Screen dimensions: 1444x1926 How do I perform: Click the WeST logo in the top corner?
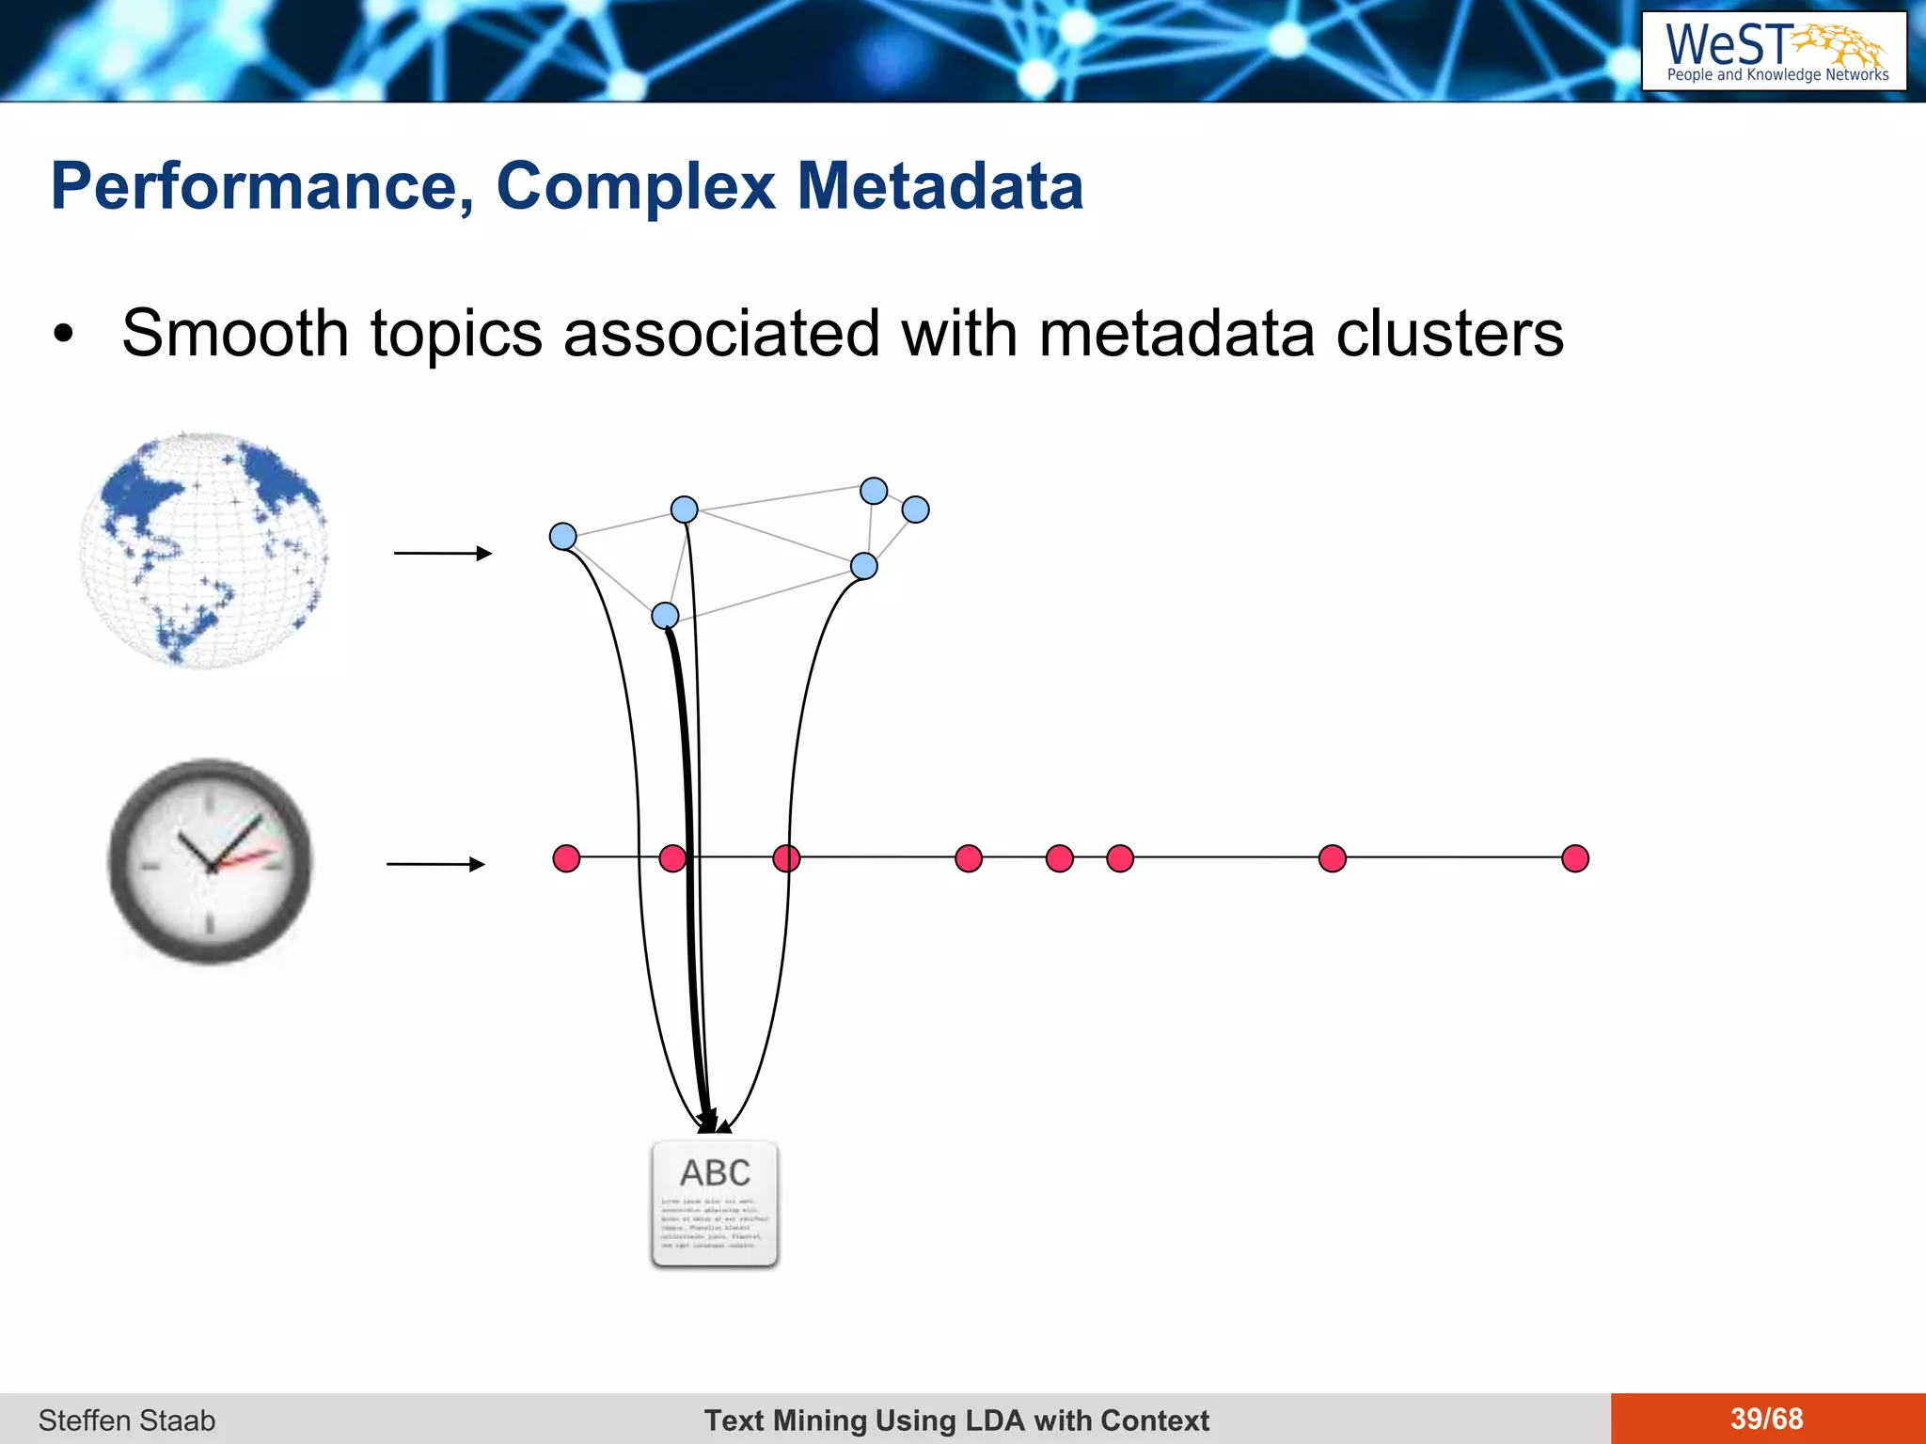click(x=1774, y=52)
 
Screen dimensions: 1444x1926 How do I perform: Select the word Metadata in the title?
click(x=939, y=186)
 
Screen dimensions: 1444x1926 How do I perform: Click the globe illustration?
click(x=204, y=551)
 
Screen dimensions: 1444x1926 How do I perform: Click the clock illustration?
click(x=210, y=861)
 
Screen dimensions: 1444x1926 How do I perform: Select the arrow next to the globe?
click(x=442, y=553)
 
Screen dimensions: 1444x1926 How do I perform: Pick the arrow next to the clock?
click(x=435, y=863)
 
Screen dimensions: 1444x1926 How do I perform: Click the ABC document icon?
click(x=715, y=1204)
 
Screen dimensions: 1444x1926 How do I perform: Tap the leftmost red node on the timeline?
click(x=566, y=858)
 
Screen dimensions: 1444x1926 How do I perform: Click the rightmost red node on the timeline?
click(x=1575, y=858)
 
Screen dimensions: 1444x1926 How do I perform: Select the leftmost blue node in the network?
click(x=562, y=537)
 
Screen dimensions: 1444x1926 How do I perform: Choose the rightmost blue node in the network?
click(x=915, y=510)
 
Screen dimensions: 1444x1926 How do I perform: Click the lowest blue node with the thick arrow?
click(x=665, y=616)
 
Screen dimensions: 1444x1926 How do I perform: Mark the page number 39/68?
click(x=1766, y=1419)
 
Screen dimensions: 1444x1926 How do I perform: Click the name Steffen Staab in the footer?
click(x=127, y=1420)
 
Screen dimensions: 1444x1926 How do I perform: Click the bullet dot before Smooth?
click(x=63, y=334)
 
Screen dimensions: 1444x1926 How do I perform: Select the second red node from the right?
click(x=1333, y=858)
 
